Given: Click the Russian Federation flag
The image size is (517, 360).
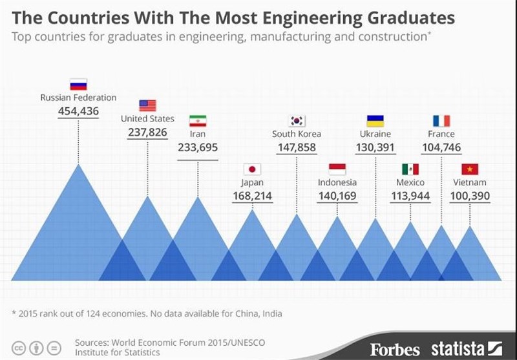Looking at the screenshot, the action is (x=78, y=85).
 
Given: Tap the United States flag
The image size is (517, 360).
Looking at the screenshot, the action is (x=147, y=105).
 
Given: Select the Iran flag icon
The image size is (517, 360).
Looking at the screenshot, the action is (x=198, y=121).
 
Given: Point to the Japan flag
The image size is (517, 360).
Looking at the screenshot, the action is (x=252, y=169).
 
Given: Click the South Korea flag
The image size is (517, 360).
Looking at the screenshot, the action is (x=297, y=121).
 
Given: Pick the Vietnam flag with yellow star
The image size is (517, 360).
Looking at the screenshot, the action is (x=470, y=169).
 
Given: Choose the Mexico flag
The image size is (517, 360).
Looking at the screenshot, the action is (x=410, y=169).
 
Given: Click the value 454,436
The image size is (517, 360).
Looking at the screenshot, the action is (x=78, y=111).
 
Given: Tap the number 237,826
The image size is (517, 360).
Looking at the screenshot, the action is (x=147, y=132).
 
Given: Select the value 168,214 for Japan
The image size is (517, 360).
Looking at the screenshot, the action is (x=252, y=196).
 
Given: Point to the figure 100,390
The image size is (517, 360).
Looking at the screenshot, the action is (x=470, y=196).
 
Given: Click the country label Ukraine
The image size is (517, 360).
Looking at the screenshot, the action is (x=375, y=134).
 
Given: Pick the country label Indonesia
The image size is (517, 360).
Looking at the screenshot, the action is (x=337, y=182).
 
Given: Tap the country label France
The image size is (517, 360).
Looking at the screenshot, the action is (x=441, y=134).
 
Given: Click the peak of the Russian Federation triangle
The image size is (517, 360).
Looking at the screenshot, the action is (x=78, y=164).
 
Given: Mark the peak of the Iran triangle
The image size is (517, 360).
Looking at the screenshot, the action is (x=198, y=197).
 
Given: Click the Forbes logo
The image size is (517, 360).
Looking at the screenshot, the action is (x=395, y=350).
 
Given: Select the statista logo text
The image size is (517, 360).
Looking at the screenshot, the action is (x=459, y=349).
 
